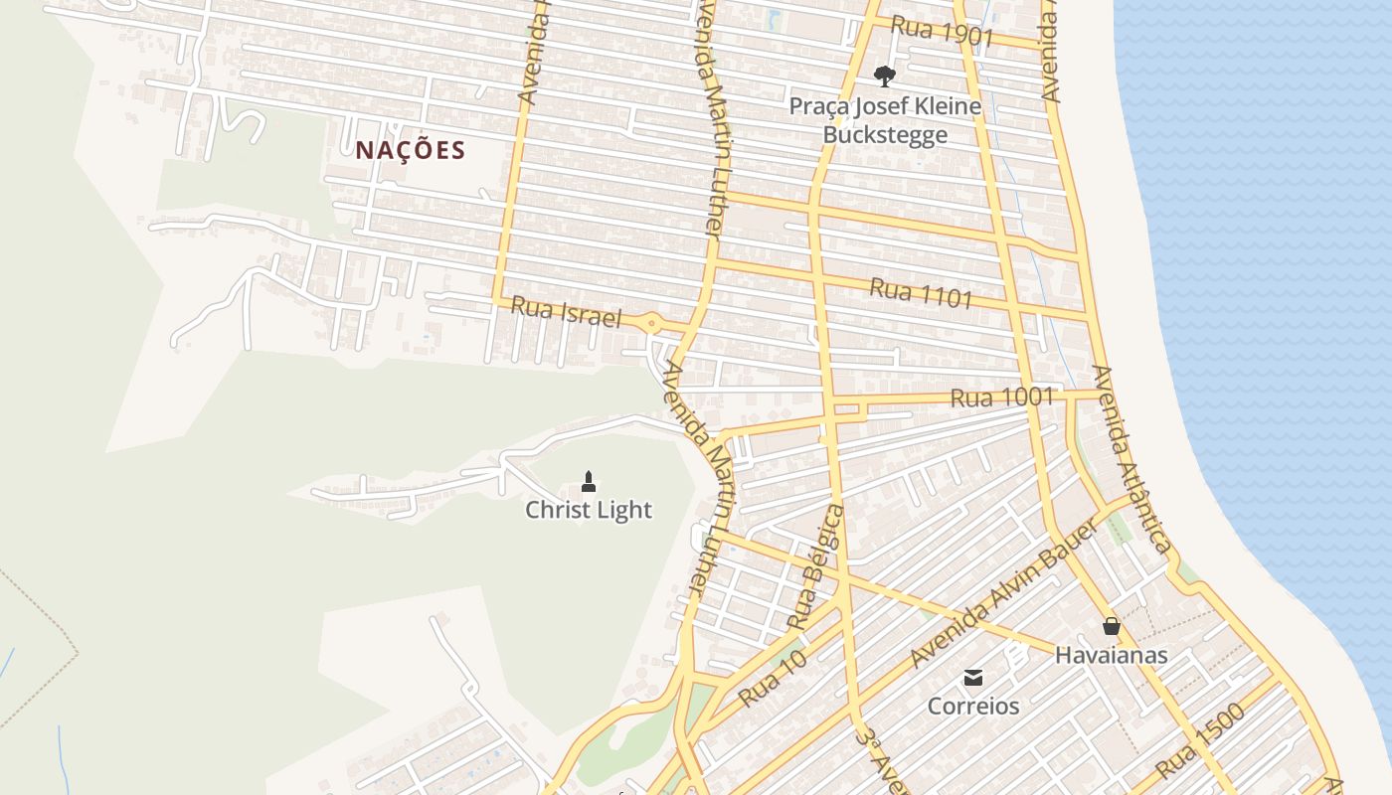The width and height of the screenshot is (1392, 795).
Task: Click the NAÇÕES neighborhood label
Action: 410,150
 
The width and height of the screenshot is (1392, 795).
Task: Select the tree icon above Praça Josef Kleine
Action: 883,76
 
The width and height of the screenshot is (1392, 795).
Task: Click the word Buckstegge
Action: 885,134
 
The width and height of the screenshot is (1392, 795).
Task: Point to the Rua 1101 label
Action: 921,292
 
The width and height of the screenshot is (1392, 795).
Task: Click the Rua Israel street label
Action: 566,312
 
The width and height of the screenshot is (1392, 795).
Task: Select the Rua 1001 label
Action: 1001,397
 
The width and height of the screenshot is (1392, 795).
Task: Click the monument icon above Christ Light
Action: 589,482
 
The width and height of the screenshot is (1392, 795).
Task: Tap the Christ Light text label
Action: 589,510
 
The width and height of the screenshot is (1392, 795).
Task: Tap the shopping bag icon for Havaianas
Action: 1111,626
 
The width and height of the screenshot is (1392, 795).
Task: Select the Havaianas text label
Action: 1111,655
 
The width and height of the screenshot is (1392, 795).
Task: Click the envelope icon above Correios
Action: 973,678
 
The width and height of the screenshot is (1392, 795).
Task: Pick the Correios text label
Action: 973,706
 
